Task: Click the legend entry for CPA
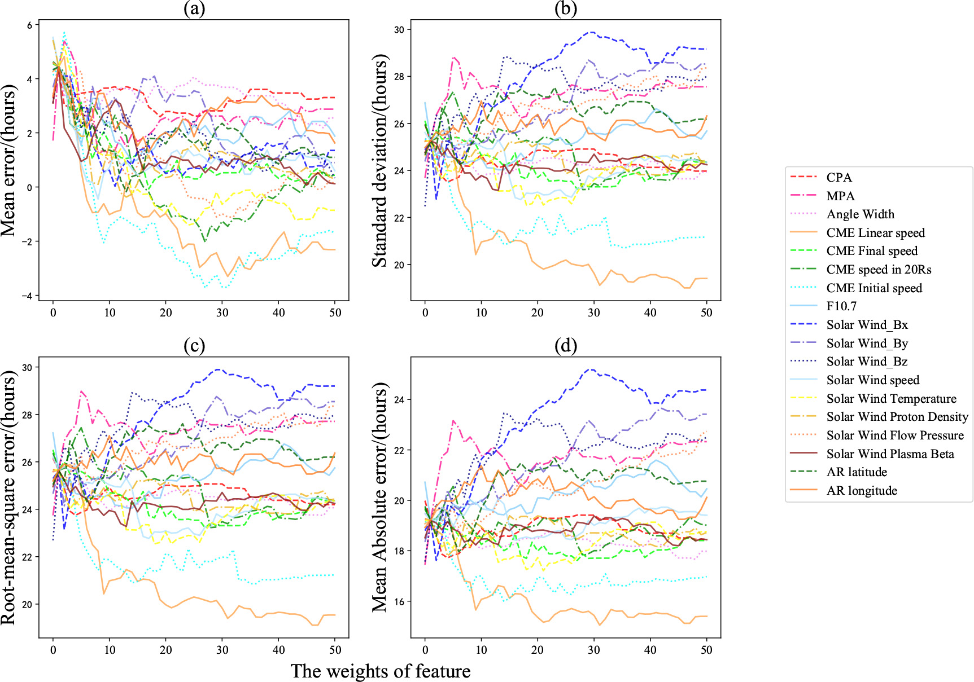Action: pyautogui.click(x=839, y=177)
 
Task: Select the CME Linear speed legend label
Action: pyautogui.click(x=875, y=232)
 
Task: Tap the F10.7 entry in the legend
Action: pyautogui.click(x=841, y=306)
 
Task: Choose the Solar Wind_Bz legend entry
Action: pyautogui.click(x=867, y=362)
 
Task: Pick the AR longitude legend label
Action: pyautogui.click(x=862, y=491)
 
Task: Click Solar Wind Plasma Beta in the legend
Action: pyautogui.click(x=890, y=454)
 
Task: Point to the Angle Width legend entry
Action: pyautogui.click(x=861, y=214)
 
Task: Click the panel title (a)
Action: pyautogui.click(x=194, y=8)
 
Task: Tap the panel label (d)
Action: pyautogui.click(x=566, y=346)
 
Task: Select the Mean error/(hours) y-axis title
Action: pyautogui.click(x=8, y=161)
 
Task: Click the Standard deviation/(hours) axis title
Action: pyautogui.click(x=380, y=161)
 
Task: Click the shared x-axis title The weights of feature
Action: pyautogui.click(x=380, y=671)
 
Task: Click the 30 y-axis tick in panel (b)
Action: pyautogui.click(x=400, y=29)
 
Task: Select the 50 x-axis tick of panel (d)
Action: pyautogui.click(x=706, y=650)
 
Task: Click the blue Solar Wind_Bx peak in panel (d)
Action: pyautogui.click(x=591, y=369)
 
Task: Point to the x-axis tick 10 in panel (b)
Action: pyautogui.click(x=481, y=313)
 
